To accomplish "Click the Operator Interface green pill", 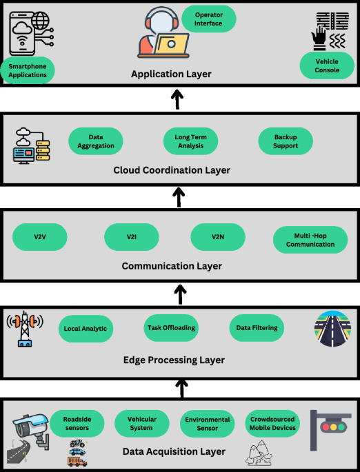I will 208,18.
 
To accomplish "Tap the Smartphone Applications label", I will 28,70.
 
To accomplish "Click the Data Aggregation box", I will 96,141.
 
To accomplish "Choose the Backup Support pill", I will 285,141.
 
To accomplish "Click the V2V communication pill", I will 40,237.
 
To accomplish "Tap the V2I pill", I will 132,237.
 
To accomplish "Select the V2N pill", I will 218,237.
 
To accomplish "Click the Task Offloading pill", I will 171,328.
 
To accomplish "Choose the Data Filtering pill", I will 257,328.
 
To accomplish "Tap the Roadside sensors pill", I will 77,423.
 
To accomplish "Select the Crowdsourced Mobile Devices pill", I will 274,423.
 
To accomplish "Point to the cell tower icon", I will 26,329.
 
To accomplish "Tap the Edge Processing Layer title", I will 174,360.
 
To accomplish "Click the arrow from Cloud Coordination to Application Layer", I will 177,99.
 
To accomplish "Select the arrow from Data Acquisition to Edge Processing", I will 181,387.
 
